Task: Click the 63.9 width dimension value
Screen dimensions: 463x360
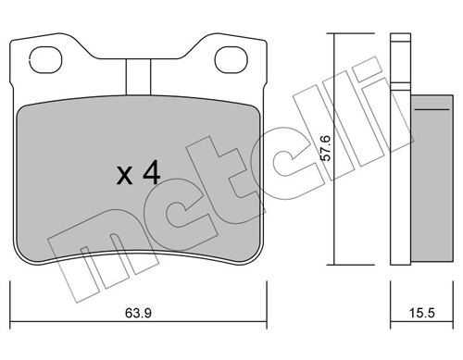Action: click(x=138, y=313)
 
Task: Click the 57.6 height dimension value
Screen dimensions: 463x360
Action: click(x=326, y=148)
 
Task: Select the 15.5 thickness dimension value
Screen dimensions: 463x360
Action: click(x=421, y=313)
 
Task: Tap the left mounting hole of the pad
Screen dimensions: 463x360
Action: click(x=45, y=60)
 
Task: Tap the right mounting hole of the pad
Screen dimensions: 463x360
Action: click(x=231, y=60)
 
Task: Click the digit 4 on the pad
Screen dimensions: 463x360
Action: click(x=151, y=172)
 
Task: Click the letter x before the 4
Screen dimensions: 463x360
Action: click(x=125, y=176)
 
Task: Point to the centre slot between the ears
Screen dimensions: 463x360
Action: click(x=138, y=77)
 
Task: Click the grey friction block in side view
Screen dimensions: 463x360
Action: click(x=432, y=180)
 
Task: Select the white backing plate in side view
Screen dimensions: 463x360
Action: click(x=400, y=149)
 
